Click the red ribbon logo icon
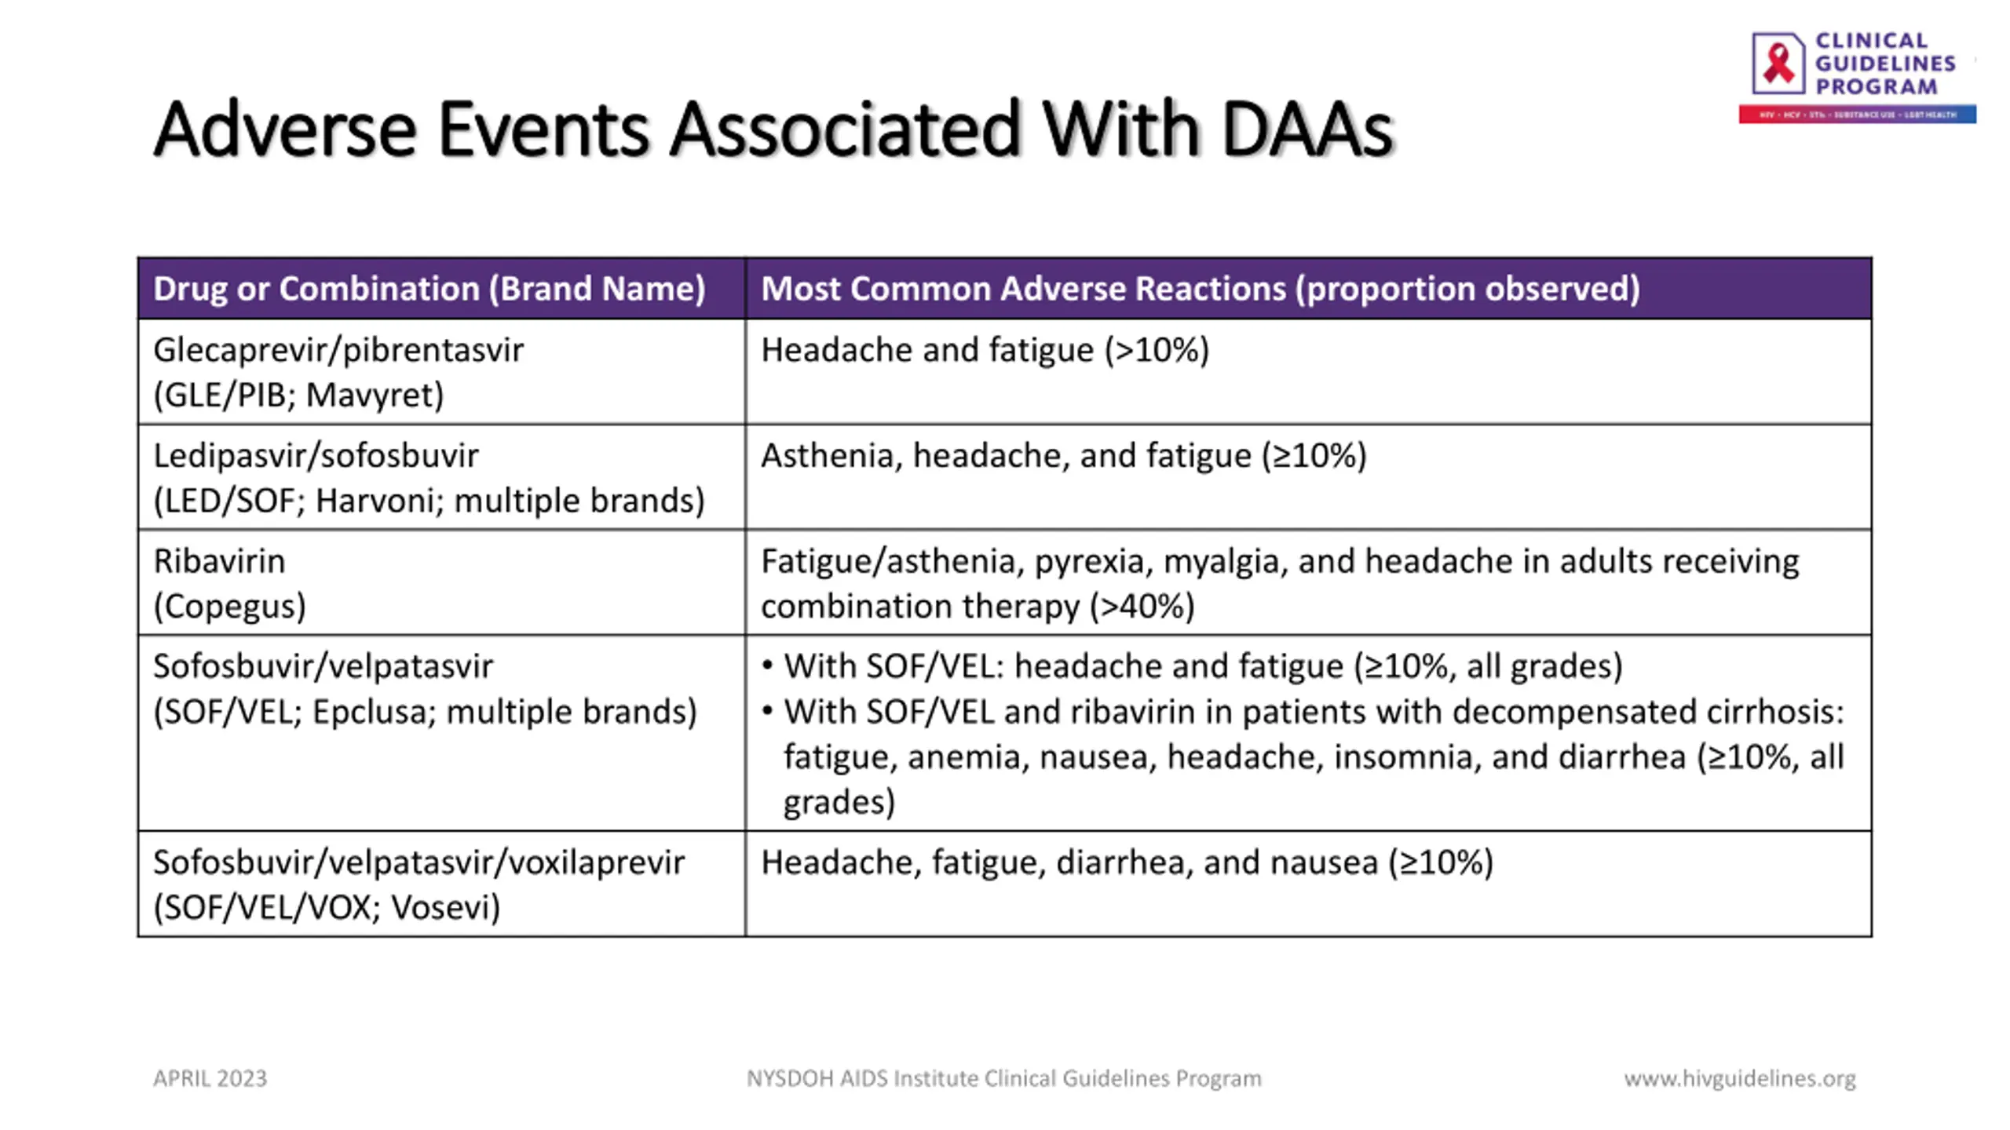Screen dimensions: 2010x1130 pos(1778,63)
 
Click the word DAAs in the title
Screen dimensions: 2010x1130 pos(1306,129)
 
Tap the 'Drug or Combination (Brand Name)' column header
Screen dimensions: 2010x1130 pos(429,289)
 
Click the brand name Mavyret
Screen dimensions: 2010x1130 pos(374,395)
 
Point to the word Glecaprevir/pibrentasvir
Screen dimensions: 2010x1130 pos(338,350)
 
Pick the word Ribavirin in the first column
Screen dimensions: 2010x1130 pos(219,561)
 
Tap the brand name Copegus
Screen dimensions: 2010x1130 pos(229,606)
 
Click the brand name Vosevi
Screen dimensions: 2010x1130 pos(444,907)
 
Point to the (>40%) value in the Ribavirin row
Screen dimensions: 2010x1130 pos(1142,606)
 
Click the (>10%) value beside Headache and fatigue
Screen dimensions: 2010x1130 pos(1157,350)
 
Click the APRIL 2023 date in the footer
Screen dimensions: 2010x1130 pos(210,1078)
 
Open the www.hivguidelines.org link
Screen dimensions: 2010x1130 pos(1739,1078)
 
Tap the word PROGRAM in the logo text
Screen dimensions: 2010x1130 pos(1877,86)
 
